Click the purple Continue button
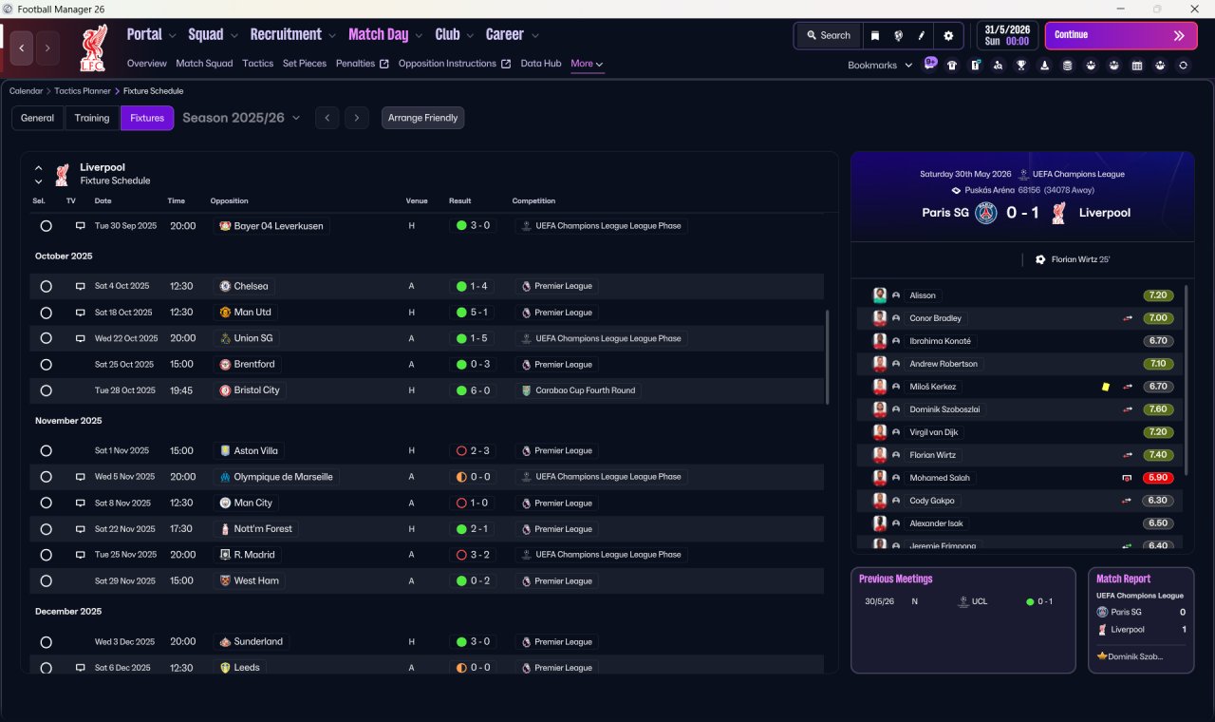[x=1121, y=35]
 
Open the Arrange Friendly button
[x=422, y=118]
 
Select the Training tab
[x=92, y=118]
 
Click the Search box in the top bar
[x=829, y=35]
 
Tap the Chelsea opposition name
[x=251, y=286]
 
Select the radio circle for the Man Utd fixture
[x=47, y=313]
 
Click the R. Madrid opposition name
[x=254, y=555]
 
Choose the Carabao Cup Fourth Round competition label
[x=586, y=390]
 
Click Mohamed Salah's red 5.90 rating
[x=1157, y=478]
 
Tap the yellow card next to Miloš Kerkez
[x=1106, y=387]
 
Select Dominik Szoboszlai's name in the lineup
[x=944, y=409]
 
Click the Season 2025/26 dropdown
[x=241, y=118]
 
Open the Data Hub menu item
[x=541, y=64]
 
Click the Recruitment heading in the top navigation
[x=286, y=35]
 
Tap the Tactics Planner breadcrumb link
[x=83, y=91]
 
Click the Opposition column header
[x=230, y=200]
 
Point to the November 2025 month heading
[x=68, y=421]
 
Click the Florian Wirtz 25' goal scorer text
[x=1080, y=259]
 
